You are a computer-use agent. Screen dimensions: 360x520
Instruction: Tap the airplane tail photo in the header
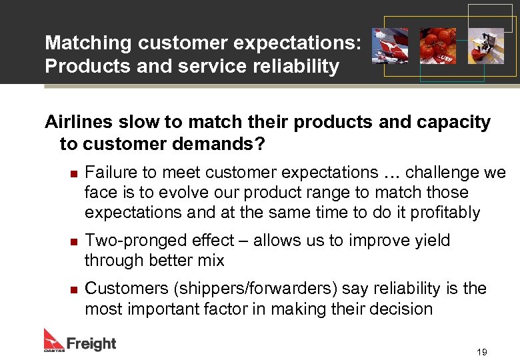(390, 45)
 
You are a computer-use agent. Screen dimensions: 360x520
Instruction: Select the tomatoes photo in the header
(437, 45)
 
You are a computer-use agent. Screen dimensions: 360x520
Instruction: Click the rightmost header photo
(485, 45)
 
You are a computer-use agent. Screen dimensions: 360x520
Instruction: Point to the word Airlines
(79, 123)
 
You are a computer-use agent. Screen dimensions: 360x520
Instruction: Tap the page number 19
(482, 351)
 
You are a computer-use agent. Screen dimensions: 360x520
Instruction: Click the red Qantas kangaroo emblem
(53, 338)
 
